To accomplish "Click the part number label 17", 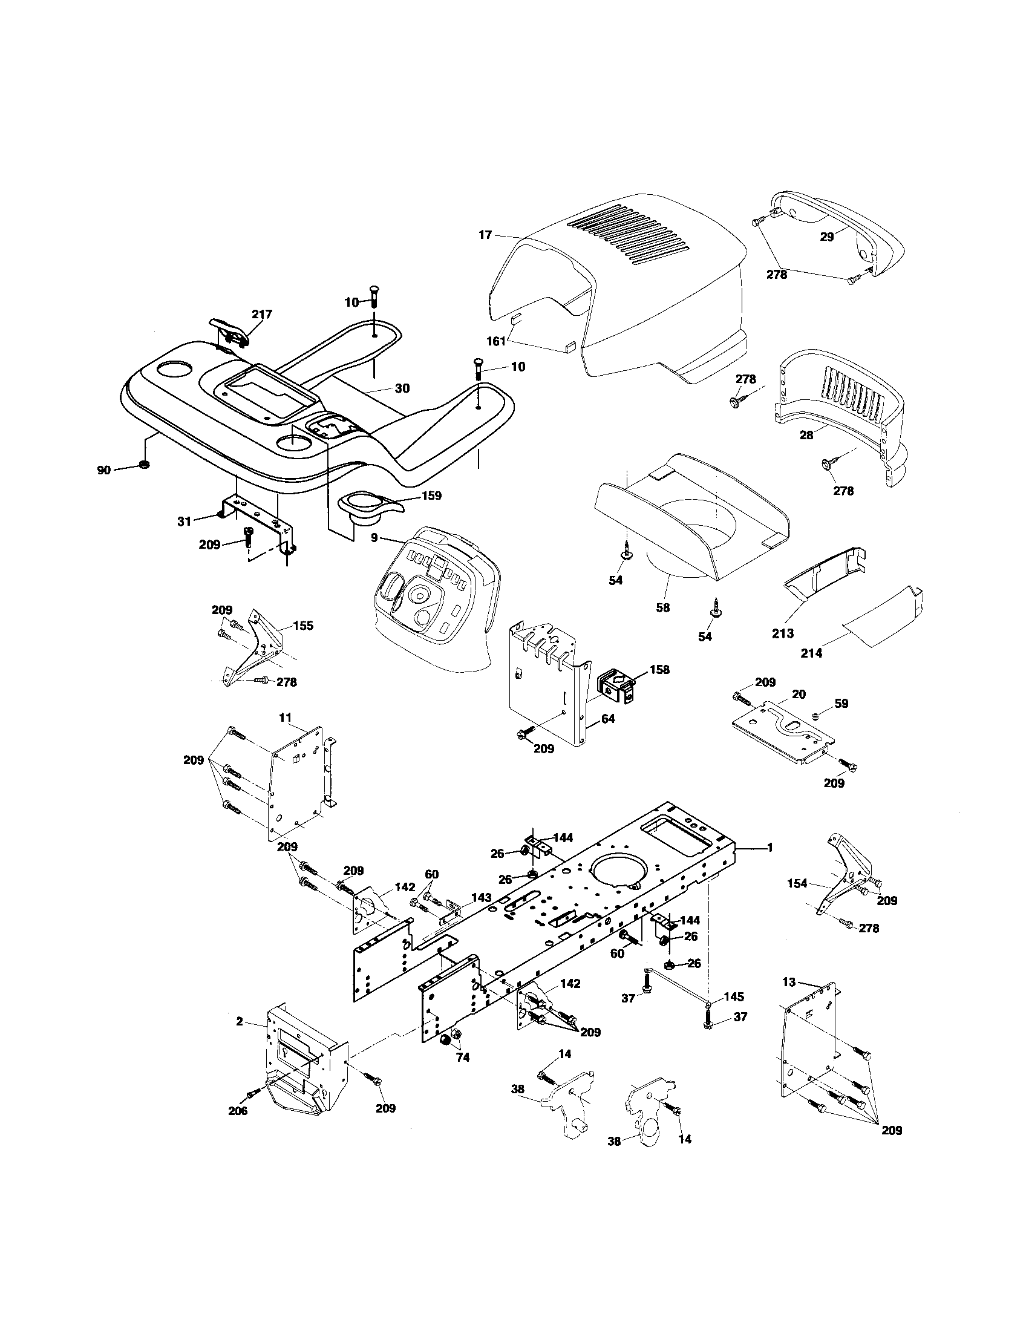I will click(485, 235).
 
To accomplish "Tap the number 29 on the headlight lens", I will click(827, 237).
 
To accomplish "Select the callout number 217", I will click(262, 314).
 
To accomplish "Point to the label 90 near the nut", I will click(104, 470).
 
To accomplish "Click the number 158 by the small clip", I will click(659, 669).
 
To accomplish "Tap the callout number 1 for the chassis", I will click(770, 847).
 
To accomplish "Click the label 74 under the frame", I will click(462, 1058).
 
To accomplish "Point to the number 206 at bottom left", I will click(238, 1111).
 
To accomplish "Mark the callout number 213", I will click(783, 633).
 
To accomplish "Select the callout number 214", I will click(811, 653).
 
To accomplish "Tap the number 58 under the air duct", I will click(662, 607).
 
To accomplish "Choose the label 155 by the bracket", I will click(304, 626).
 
